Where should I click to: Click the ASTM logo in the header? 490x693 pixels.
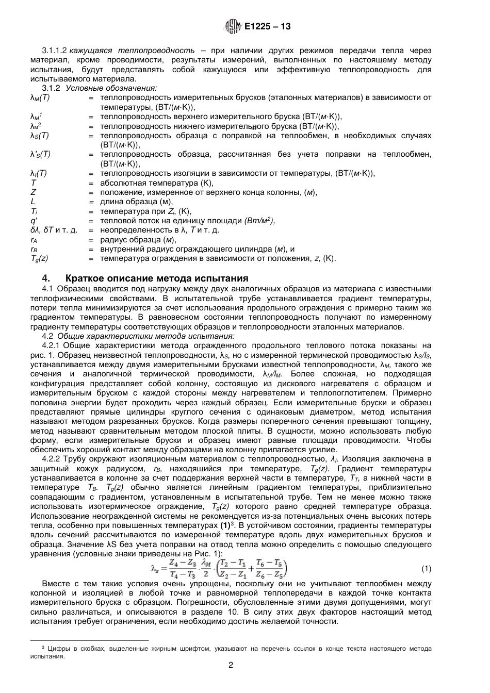[x=233, y=26]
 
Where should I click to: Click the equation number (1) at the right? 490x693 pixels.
[x=426, y=569]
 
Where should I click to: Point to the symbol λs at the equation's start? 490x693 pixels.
[x=155, y=569]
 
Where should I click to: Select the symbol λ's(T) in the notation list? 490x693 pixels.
[x=41, y=154]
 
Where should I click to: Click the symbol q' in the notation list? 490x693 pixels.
[x=34, y=221]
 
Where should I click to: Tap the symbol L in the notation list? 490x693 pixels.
[x=33, y=202]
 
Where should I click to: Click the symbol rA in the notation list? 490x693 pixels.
[x=34, y=240]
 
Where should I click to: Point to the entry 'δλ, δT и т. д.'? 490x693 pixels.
[x=54, y=230]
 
